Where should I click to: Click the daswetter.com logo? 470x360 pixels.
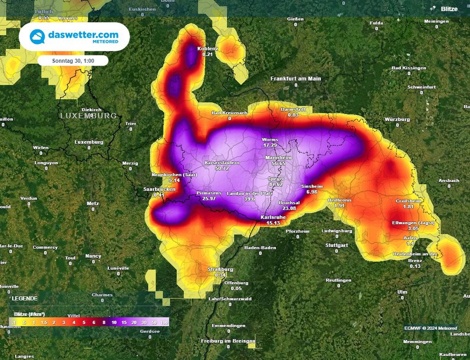[74, 37]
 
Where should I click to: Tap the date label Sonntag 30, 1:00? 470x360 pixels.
[73, 61]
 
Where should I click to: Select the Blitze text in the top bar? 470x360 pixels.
[449, 9]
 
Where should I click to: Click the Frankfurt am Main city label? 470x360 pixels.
[296, 78]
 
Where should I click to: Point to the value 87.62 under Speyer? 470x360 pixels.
[276, 184]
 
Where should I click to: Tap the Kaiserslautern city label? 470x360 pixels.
[222, 163]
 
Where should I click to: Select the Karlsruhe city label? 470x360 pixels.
[274, 217]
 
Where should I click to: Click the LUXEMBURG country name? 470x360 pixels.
[89, 116]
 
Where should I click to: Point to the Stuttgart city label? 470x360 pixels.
[336, 245]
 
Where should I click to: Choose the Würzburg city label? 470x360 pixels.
[397, 119]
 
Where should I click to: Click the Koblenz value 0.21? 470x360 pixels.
[208, 54]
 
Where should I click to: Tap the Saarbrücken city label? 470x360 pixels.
[159, 189]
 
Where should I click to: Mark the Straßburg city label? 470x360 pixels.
[220, 269]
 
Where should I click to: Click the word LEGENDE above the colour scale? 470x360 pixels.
[25, 298]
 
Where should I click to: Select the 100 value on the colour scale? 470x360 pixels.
[164, 323]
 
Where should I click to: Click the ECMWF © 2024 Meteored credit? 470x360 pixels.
[431, 328]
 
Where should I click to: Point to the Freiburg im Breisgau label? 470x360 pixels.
[228, 341]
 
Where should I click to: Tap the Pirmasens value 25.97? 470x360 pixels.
[209, 199]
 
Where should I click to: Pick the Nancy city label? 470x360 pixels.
[93, 256]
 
